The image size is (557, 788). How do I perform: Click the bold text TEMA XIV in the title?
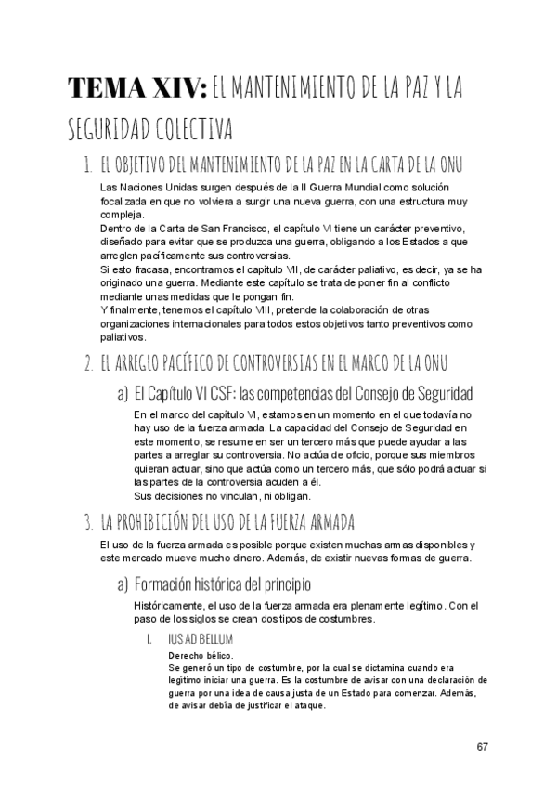[x=137, y=88]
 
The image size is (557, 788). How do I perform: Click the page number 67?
[x=482, y=748]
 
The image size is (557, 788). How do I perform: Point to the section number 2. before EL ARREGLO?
[x=87, y=361]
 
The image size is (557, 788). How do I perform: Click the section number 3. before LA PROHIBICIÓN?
[x=87, y=519]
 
